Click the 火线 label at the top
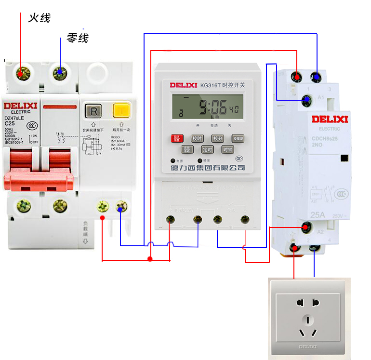39,18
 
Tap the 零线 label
78,38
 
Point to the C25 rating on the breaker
10,123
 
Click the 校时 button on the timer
198,138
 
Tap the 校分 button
218,138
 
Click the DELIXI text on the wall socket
307,346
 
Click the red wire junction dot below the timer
150,259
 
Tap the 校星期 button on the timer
238,138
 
